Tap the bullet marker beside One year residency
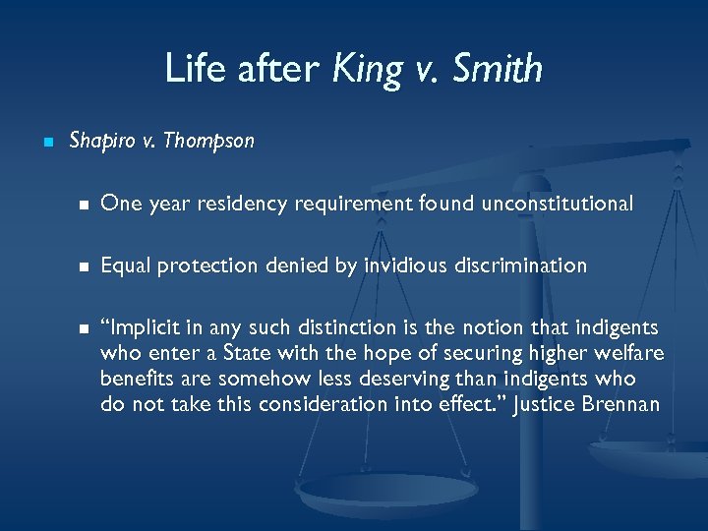point(85,205)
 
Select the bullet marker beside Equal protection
point(85,266)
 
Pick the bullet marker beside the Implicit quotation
point(85,328)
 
